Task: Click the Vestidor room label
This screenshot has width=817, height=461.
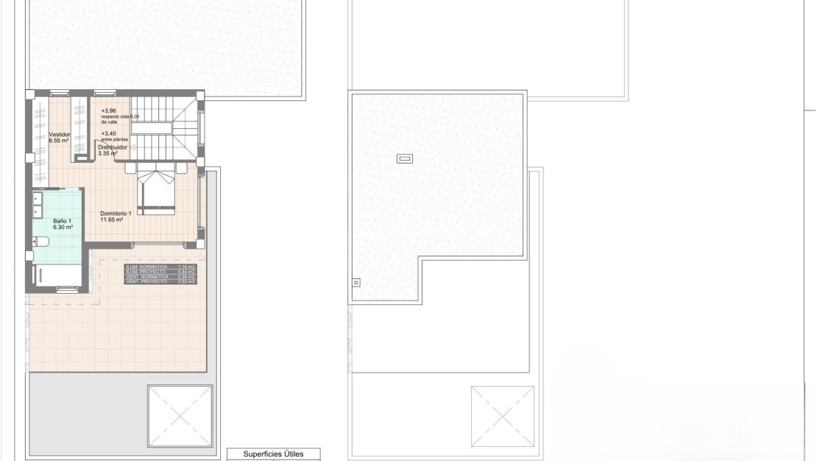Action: click(x=60, y=135)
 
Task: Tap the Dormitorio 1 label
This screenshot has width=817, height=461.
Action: click(x=116, y=214)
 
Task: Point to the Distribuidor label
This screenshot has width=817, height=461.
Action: click(x=113, y=148)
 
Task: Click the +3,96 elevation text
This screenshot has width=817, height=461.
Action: click(x=108, y=110)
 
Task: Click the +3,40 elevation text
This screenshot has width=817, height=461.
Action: click(x=108, y=133)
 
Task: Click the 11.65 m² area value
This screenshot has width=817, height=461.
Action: click(x=116, y=219)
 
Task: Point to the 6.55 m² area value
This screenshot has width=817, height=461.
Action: click(x=60, y=141)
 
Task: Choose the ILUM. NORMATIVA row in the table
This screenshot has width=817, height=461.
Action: click(x=160, y=267)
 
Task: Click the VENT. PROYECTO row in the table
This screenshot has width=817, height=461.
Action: click(x=160, y=282)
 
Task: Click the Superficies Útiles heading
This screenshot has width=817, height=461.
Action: click(x=273, y=454)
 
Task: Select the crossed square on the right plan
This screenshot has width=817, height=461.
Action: click(x=503, y=416)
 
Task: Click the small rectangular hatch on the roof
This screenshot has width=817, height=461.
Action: click(x=404, y=158)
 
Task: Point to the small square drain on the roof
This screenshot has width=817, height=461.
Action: click(x=356, y=281)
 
